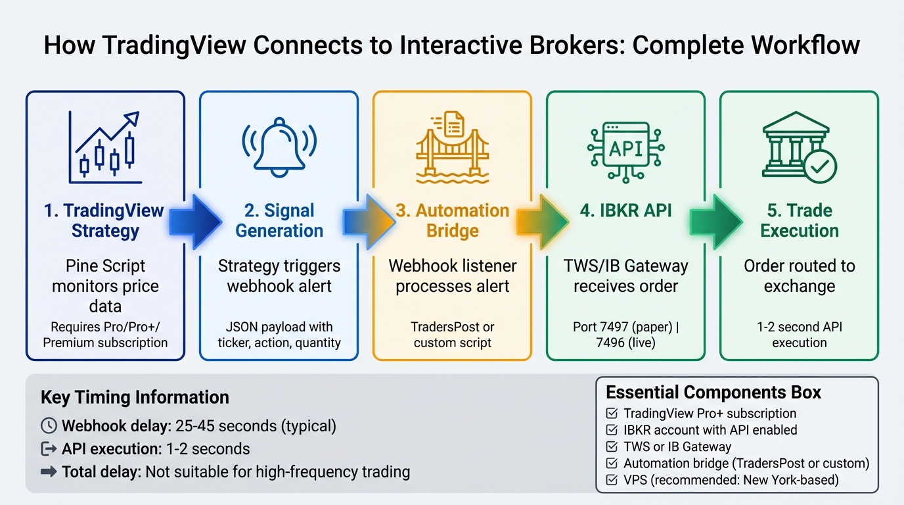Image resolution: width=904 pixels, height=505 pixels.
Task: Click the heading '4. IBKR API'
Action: coord(625,211)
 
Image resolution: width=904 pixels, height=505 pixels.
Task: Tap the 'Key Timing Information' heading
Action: coord(135,397)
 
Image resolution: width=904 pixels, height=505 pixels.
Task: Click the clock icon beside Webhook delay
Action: coord(49,425)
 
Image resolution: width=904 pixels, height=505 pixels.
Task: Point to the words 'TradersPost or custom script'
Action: coord(452,335)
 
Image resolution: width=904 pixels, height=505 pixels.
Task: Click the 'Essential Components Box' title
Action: coord(713,393)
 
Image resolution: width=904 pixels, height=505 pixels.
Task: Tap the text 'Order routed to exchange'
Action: coord(799,276)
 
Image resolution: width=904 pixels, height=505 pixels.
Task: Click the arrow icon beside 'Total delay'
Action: coord(49,471)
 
